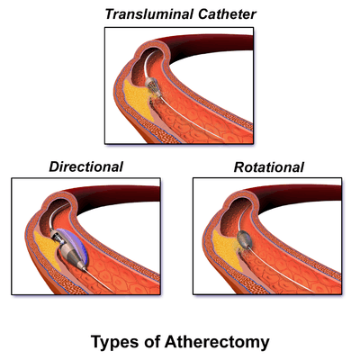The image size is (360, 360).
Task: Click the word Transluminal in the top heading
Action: tap(149, 14)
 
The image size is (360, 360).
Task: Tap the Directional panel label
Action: tap(86, 166)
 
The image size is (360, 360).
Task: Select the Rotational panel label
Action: tap(269, 167)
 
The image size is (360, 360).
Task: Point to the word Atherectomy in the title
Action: tap(217, 342)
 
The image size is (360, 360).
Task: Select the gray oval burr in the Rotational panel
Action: tap(244, 239)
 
